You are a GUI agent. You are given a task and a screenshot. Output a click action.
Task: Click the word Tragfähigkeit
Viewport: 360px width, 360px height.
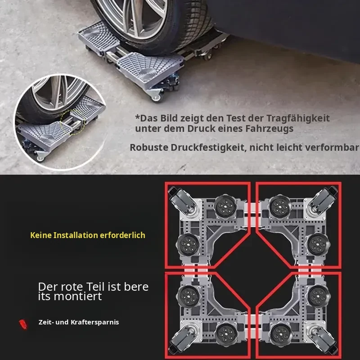point(298,119)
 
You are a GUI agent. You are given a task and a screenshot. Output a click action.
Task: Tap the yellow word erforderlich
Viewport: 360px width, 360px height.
point(122,235)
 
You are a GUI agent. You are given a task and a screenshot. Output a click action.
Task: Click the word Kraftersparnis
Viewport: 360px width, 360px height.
point(94,322)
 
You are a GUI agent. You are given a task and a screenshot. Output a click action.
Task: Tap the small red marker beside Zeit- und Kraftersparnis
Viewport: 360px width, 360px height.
point(23,324)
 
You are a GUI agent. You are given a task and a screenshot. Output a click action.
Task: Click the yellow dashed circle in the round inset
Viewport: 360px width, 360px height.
point(73,121)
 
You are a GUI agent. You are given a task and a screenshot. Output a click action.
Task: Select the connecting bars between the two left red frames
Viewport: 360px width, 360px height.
point(195,270)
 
